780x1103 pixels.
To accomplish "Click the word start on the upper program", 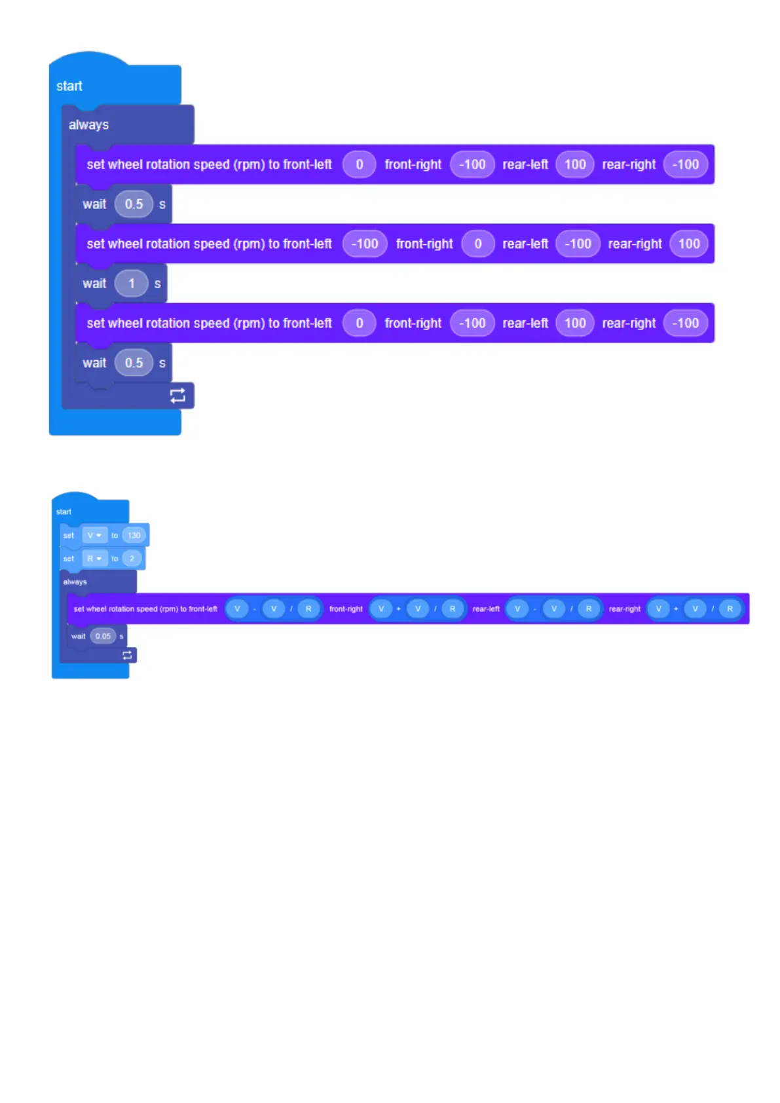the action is click(69, 86).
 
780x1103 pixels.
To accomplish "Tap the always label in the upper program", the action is click(88, 124).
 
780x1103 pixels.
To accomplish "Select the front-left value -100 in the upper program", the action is click(364, 244).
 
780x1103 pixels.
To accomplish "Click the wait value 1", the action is click(132, 284).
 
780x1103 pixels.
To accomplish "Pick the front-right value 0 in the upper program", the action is click(477, 244).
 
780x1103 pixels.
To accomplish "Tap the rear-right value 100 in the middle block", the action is click(688, 244).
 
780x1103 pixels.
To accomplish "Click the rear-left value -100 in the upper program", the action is click(578, 244).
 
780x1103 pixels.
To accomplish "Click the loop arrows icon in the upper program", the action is click(177, 396).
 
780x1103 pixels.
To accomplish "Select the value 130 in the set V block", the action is click(134, 535).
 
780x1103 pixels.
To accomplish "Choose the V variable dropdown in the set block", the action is click(94, 535).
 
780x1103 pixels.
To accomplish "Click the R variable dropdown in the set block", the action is click(94, 559).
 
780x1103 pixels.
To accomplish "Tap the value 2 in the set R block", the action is click(132, 559).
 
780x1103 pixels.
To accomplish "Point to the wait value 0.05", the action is click(103, 636).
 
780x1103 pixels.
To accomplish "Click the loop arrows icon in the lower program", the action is click(127, 655).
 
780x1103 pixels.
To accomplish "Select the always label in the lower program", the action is click(75, 582).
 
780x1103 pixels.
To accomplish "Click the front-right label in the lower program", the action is click(346, 609).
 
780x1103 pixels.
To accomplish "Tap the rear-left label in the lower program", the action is click(486, 609).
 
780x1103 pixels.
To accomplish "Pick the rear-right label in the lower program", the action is click(625, 609).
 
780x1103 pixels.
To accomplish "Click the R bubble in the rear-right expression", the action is click(730, 609).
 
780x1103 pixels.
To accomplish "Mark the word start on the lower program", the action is click(64, 512).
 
